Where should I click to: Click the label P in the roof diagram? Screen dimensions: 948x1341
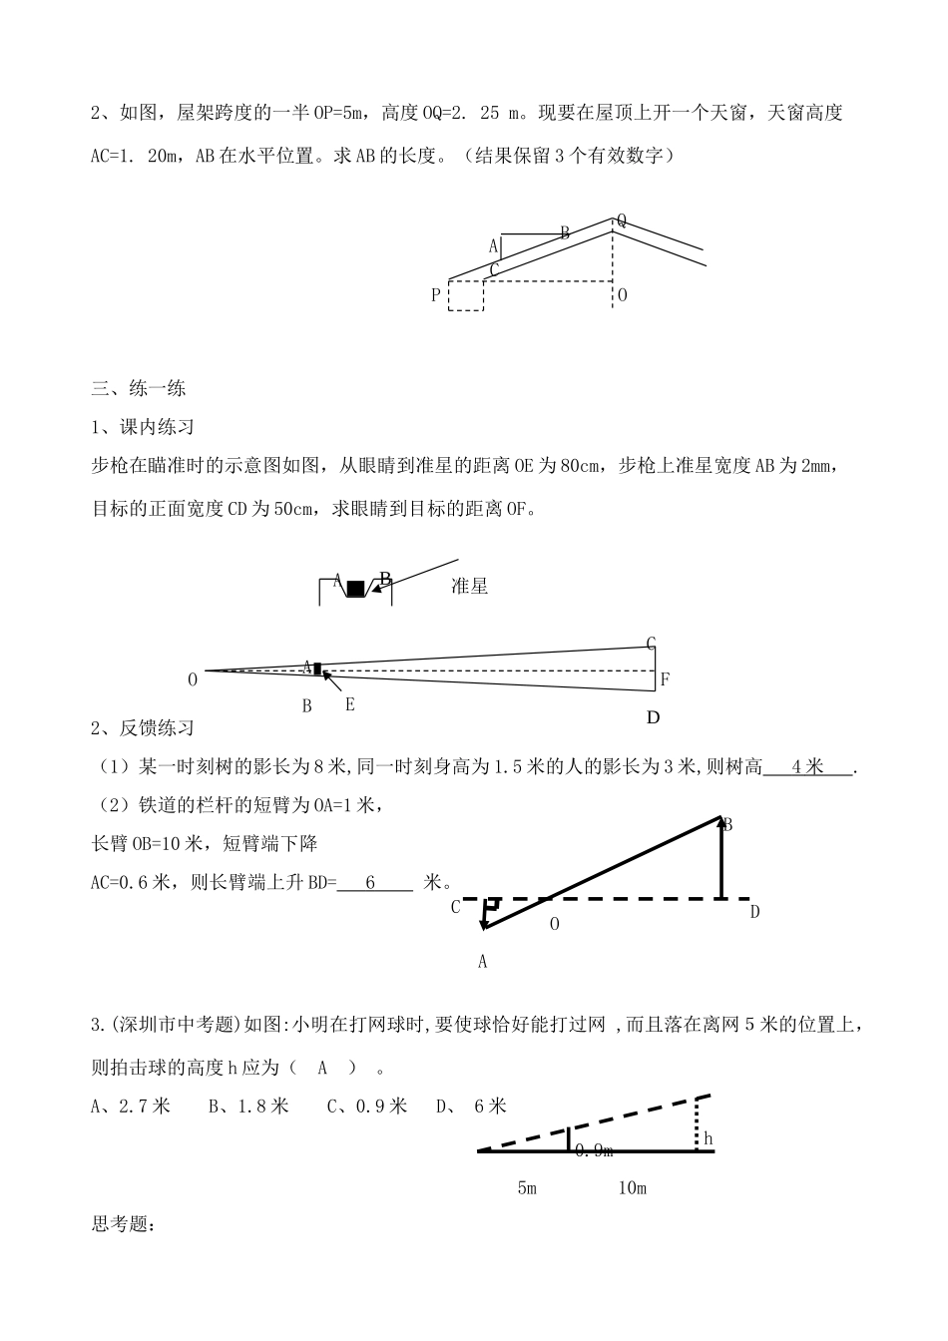(435, 295)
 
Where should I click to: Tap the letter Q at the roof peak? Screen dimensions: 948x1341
(622, 220)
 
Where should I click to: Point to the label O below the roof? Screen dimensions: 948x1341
(622, 295)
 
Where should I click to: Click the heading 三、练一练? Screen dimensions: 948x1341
(139, 388)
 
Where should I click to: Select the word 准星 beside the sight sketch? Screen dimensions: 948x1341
(469, 586)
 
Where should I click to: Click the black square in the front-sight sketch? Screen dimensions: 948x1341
(355, 589)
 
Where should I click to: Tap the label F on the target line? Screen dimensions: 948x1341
(665, 679)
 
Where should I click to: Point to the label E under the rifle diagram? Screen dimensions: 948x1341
(349, 704)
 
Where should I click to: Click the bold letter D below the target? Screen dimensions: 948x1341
(654, 717)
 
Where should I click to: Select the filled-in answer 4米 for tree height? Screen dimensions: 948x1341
(807, 766)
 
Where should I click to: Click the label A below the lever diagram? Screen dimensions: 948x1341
(483, 962)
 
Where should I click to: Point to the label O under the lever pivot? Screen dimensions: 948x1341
(555, 924)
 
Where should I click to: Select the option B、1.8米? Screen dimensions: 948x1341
(248, 1106)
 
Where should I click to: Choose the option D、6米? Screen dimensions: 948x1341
(472, 1106)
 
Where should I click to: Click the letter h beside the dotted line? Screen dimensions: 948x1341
(708, 1137)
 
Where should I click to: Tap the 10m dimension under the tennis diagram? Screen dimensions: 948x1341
(633, 1188)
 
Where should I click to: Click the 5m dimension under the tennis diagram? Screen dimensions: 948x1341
(527, 1188)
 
